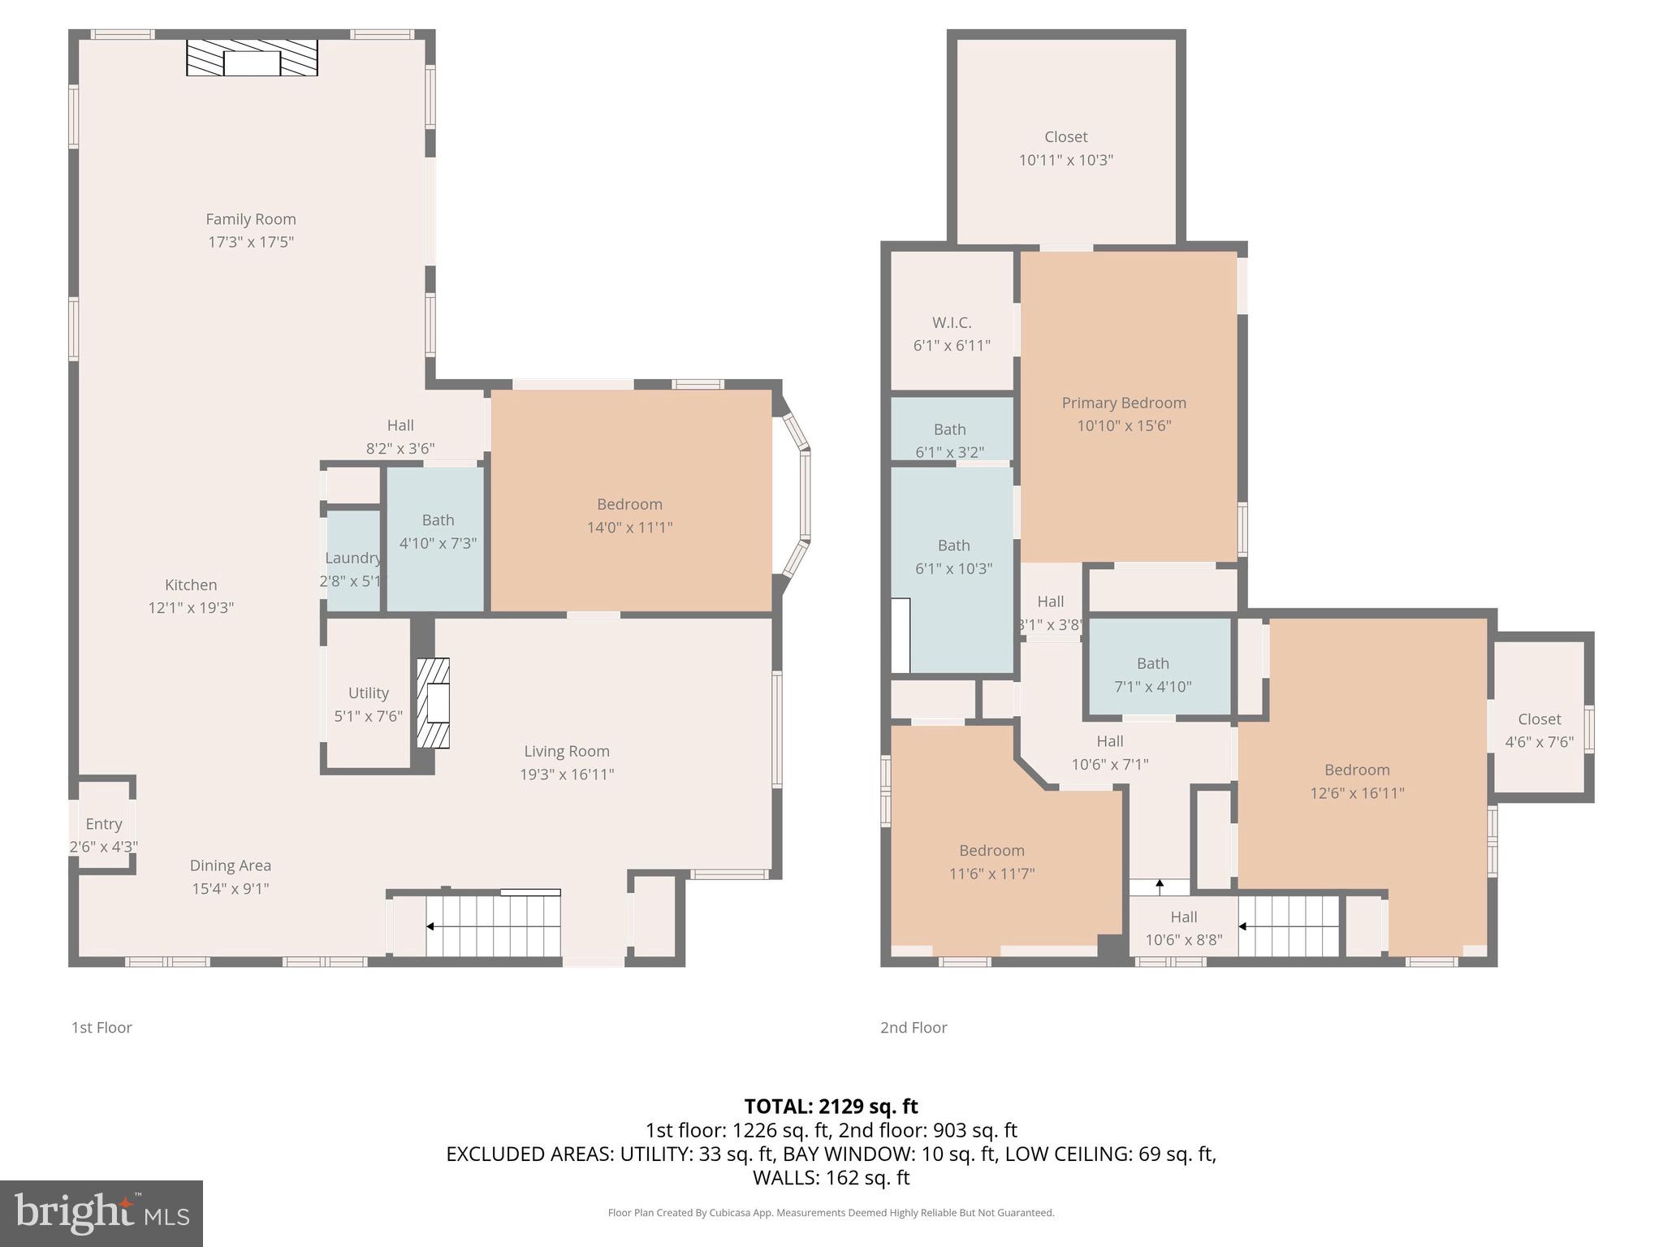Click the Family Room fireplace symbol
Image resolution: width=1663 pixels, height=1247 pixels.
252,58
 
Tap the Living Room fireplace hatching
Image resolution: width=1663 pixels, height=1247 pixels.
433,703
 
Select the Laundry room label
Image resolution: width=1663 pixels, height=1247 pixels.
352,558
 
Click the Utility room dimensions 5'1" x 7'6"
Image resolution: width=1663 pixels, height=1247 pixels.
368,716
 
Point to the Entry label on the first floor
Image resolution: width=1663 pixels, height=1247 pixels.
103,824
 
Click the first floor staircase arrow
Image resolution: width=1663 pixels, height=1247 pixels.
430,926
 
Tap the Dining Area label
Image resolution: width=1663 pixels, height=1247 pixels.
231,865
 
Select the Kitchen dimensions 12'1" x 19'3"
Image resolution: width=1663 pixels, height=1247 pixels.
191,607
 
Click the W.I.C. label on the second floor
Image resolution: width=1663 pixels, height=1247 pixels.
952,322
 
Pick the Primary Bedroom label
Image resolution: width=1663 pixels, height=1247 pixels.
1124,403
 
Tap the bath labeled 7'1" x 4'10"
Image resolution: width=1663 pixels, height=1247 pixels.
1152,674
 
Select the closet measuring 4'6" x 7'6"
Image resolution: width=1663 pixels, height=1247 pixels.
1539,730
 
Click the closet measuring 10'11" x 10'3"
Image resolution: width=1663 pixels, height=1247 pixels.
1065,148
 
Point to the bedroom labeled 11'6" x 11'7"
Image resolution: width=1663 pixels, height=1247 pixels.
991,861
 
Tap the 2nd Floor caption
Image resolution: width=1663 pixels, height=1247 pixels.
914,1027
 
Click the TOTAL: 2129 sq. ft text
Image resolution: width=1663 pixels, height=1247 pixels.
831,1107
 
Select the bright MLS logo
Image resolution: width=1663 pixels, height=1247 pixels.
102,1213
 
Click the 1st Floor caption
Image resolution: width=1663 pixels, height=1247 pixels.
102,1027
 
